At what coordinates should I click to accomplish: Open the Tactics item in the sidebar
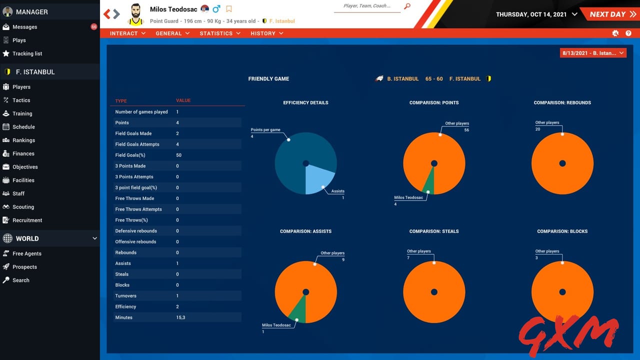click(21, 100)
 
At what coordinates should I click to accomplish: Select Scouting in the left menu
click(23, 207)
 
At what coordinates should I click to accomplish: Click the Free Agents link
click(26, 253)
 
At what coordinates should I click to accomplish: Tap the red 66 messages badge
click(94, 26)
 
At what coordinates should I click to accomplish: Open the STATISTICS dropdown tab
click(219, 33)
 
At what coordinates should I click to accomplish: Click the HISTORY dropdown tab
click(266, 33)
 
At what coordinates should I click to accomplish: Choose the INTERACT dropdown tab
click(127, 33)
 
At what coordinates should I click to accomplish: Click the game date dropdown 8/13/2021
click(593, 53)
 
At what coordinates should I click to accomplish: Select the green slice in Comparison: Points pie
click(429, 184)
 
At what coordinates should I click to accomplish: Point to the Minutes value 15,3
click(180, 317)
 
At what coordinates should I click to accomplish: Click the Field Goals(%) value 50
click(178, 155)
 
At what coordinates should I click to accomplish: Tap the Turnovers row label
click(125, 296)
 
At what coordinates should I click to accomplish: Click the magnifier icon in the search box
click(407, 6)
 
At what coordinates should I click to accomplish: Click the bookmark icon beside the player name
click(229, 9)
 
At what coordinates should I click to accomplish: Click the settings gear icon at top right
click(615, 33)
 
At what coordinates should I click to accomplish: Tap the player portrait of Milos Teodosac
click(135, 14)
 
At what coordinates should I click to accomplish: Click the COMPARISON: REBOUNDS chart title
click(562, 102)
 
